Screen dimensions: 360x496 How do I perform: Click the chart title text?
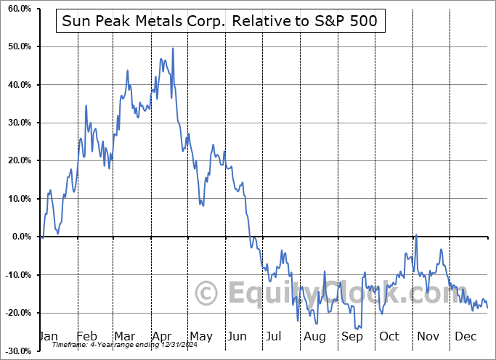click(x=219, y=21)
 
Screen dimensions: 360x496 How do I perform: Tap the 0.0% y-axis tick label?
click(x=18, y=237)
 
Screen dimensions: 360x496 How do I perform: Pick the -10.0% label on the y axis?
click(x=15, y=274)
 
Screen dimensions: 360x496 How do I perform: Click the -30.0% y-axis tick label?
click(x=15, y=351)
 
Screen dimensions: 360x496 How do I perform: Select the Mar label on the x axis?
click(x=125, y=336)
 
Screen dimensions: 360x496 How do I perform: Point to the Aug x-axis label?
click(x=315, y=336)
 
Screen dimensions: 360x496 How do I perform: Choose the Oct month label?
click(x=389, y=336)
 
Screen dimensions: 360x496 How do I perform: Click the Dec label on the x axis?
click(x=465, y=336)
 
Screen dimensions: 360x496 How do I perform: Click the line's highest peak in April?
click(x=173, y=49)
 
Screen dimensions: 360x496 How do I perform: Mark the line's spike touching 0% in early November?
click(x=416, y=235)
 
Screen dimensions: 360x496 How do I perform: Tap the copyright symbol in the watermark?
click(x=207, y=294)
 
